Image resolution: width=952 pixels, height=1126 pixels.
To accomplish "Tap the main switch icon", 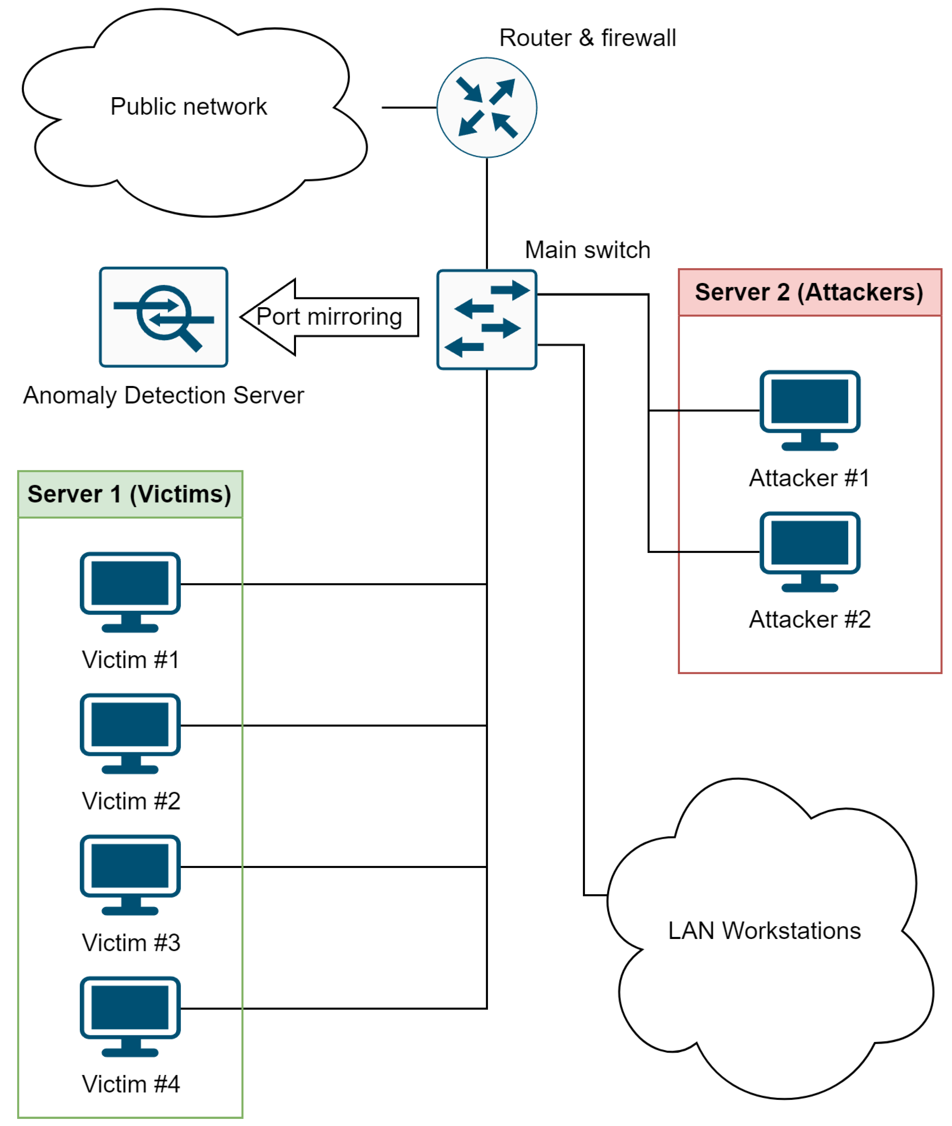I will coord(486,319).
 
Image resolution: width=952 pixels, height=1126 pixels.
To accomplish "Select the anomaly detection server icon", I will coord(164,317).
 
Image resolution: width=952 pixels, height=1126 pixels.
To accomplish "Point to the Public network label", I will coord(188,106).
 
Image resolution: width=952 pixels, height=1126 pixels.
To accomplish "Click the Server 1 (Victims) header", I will coord(130,494).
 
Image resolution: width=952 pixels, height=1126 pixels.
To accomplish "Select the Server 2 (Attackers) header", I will coord(809,292).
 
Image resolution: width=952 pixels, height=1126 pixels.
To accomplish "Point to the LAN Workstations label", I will coord(764,931).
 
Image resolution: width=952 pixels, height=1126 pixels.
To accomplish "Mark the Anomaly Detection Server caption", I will coord(164,395).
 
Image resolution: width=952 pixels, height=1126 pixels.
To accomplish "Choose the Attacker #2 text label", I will coord(809,620).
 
